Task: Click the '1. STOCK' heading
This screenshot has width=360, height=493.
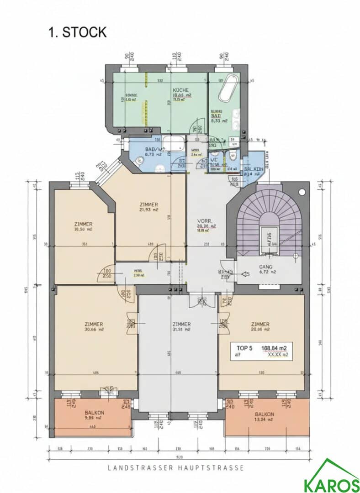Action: click(77, 32)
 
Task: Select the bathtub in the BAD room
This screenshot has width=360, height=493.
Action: click(227, 88)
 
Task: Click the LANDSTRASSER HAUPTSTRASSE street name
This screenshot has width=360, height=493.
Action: click(176, 468)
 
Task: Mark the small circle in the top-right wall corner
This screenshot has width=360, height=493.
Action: click(302, 192)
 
